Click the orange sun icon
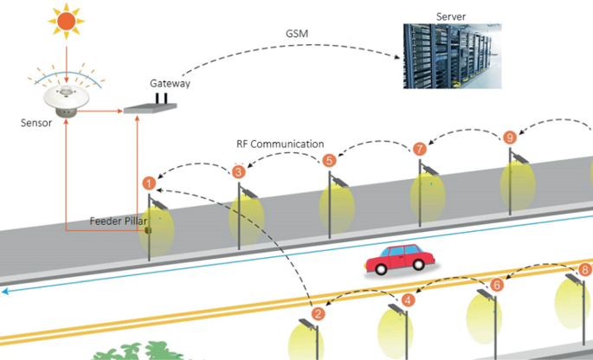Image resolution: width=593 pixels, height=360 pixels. [x=64, y=19]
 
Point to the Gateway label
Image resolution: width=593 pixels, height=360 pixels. [x=170, y=84]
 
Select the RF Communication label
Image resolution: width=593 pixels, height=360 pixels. [x=280, y=144]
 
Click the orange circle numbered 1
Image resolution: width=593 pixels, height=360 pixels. [x=149, y=183]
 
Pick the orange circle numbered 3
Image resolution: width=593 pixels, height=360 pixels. [x=238, y=171]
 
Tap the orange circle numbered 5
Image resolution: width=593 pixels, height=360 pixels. [x=329, y=160]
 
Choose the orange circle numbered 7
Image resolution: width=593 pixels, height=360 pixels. [x=420, y=149]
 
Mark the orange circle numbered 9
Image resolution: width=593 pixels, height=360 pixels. [x=510, y=137]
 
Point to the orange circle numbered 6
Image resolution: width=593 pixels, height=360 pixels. [x=497, y=285]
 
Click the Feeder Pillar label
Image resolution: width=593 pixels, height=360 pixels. [x=119, y=221]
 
